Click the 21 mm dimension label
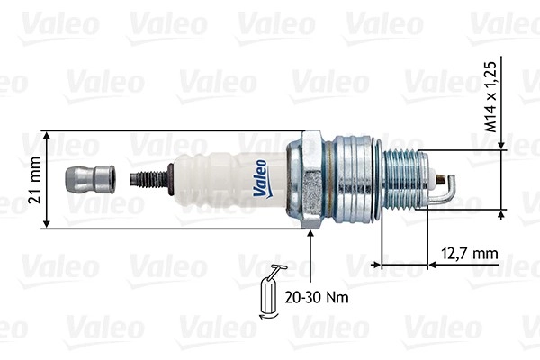[x=35, y=180]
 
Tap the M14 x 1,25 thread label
[x=490, y=97]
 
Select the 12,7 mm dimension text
[x=470, y=254]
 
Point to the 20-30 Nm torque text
[x=317, y=297]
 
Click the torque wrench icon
[x=271, y=292]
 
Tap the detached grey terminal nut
[x=90, y=179]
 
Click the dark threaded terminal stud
[x=150, y=179]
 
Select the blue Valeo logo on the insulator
[x=261, y=179]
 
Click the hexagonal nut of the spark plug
[x=306, y=179]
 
